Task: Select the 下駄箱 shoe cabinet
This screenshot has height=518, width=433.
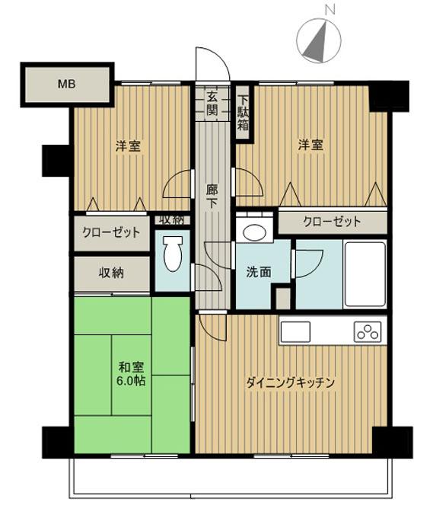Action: pos(243,112)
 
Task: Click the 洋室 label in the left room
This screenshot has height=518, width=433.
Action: pos(128,146)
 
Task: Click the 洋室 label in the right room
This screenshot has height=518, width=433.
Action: pos(310,145)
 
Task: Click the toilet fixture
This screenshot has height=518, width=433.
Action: pos(174,254)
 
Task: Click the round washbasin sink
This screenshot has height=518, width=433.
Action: pos(253,233)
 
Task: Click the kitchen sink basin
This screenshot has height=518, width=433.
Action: pos(295,331)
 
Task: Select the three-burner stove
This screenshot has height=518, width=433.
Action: pos(367,331)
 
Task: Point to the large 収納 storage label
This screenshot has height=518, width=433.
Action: pos(111,272)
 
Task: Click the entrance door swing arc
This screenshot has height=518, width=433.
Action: pos(211,61)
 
